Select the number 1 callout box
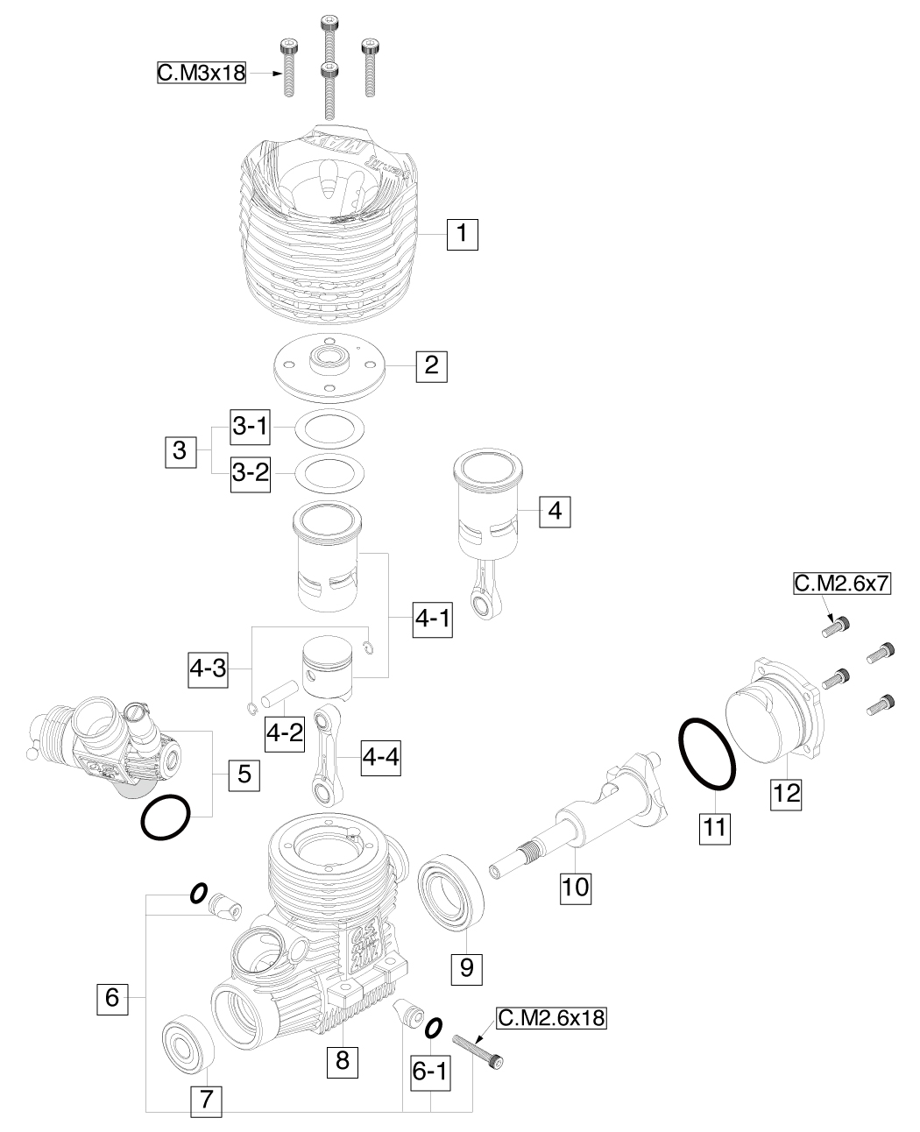coord(463,235)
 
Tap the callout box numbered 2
coord(431,364)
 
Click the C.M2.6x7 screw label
coord(841,584)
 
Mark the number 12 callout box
coord(786,794)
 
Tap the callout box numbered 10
coord(576,886)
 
